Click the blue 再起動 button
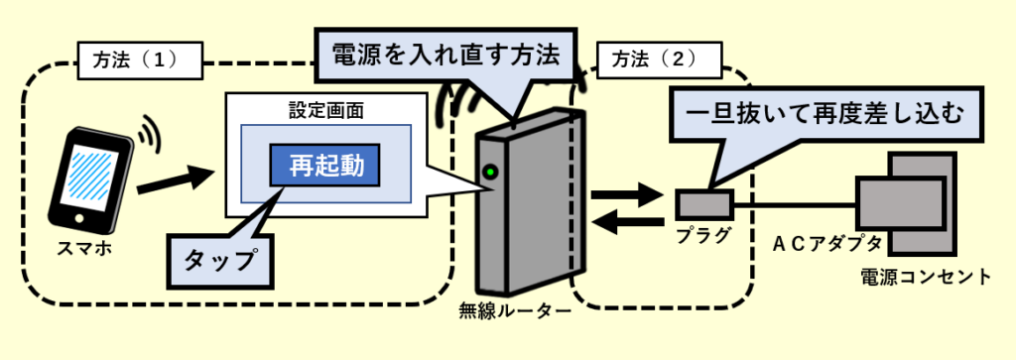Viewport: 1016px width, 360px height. point(324,167)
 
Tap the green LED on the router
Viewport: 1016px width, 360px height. point(490,173)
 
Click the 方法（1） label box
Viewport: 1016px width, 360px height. point(140,60)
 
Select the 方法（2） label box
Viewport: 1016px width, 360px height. point(659,60)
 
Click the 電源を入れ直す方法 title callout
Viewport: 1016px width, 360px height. point(445,55)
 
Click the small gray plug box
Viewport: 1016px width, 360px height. point(705,205)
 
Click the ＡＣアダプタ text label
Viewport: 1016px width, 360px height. point(827,243)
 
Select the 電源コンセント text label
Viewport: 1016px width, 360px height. point(926,277)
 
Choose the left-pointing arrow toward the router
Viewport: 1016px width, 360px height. point(628,223)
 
